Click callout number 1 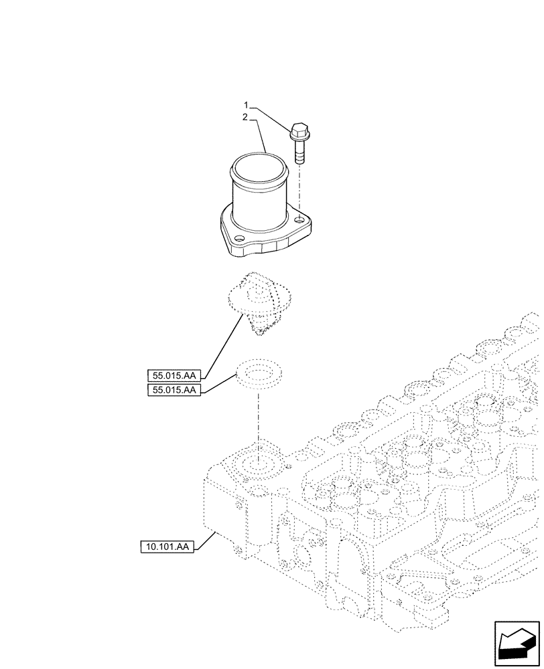247,106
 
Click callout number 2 247,116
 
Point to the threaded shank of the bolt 299,153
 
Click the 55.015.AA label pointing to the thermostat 174,375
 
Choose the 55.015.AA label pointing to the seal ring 174,390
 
